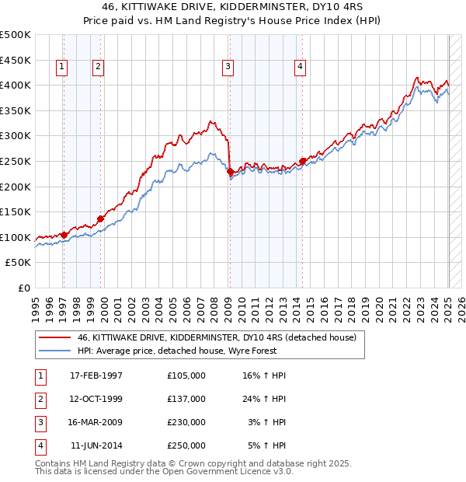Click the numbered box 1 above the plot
click(x=61, y=68)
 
